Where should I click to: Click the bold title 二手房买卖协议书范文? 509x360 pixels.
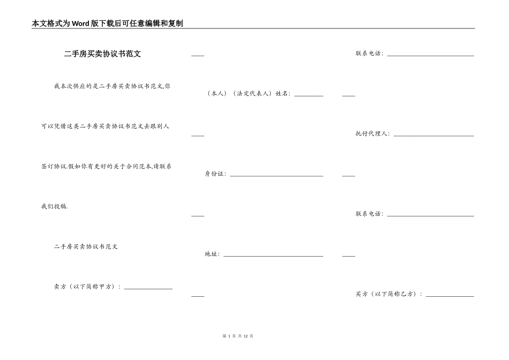tap(102, 54)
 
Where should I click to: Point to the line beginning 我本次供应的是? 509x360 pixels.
tap(113, 86)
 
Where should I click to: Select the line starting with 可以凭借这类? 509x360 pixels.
tap(105, 126)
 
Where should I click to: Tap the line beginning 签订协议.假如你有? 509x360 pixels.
tap(106, 167)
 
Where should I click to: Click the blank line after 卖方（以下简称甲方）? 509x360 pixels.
tap(148, 289)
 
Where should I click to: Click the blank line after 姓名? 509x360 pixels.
tap(309, 95)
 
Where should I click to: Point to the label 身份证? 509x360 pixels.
tap(215, 174)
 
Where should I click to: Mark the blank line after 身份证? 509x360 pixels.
tap(276, 176)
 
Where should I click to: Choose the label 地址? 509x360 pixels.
tap(212, 254)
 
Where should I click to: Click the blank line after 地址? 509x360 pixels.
tap(273, 256)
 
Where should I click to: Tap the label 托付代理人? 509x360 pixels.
tap(372, 134)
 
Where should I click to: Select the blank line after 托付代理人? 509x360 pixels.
tap(433, 136)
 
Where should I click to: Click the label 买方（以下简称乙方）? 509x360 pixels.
tap(388, 294)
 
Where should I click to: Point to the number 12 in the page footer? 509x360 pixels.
tap(245, 336)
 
